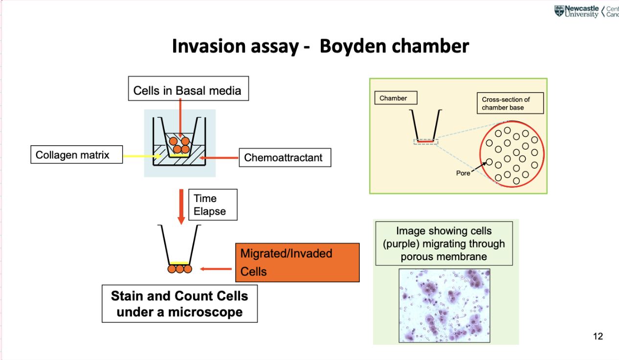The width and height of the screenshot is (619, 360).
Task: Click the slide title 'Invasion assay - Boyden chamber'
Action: tap(320, 46)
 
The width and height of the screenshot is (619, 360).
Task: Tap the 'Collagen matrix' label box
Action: tap(76, 155)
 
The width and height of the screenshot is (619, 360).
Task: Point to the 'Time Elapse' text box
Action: tap(213, 205)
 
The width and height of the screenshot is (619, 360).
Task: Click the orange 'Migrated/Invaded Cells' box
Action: tap(297, 263)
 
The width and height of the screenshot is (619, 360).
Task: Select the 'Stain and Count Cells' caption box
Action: tap(179, 304)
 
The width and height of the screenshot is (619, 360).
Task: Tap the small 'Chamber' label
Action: tap(393, 98)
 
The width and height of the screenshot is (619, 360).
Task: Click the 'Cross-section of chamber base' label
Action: tap(510, 103)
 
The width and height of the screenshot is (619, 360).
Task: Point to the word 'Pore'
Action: tap(463, 173)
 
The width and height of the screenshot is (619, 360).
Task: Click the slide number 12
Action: tap(597, 336)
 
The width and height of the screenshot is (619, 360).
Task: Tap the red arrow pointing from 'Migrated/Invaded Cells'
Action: tap(216, 269)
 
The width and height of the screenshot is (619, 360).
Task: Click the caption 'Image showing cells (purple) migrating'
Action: tap(444, 244)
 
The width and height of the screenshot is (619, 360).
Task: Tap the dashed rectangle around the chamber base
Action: tap(426, 141)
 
